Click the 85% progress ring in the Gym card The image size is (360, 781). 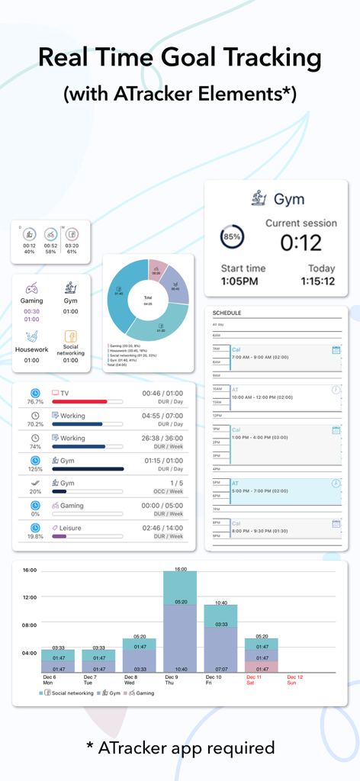232,236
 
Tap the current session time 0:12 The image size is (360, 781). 300,243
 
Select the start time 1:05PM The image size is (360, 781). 239,281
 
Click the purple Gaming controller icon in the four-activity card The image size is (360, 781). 32,288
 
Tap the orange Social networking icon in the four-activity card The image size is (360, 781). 70,336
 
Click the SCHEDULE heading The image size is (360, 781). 227,313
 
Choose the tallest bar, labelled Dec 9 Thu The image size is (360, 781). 180,622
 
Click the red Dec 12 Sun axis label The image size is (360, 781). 294,680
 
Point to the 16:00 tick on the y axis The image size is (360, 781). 29,570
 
